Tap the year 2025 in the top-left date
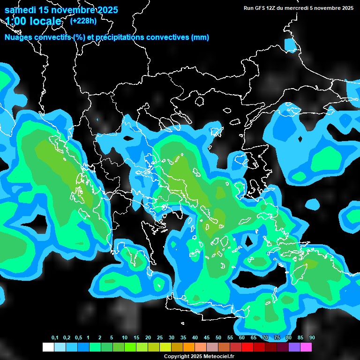[x=106, y=10]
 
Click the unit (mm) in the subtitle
[x=200, y=37]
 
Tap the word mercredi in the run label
[x=306, y=8]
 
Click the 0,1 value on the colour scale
[x=55, y=338]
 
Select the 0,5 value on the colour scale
[x=78, y=338]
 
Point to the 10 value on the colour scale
[x=125, y=338]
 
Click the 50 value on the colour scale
[x=218, y=338]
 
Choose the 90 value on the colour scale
[x=312, y=338]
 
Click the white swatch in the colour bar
[x=48, y=347]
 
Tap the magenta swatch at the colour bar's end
[x=306, y=347]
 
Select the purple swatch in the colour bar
[x=294, y=347]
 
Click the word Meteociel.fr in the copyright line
[x=218, y=357]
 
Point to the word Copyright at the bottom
[x=176, y=357]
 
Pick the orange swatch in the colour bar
[x=189, y=347]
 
